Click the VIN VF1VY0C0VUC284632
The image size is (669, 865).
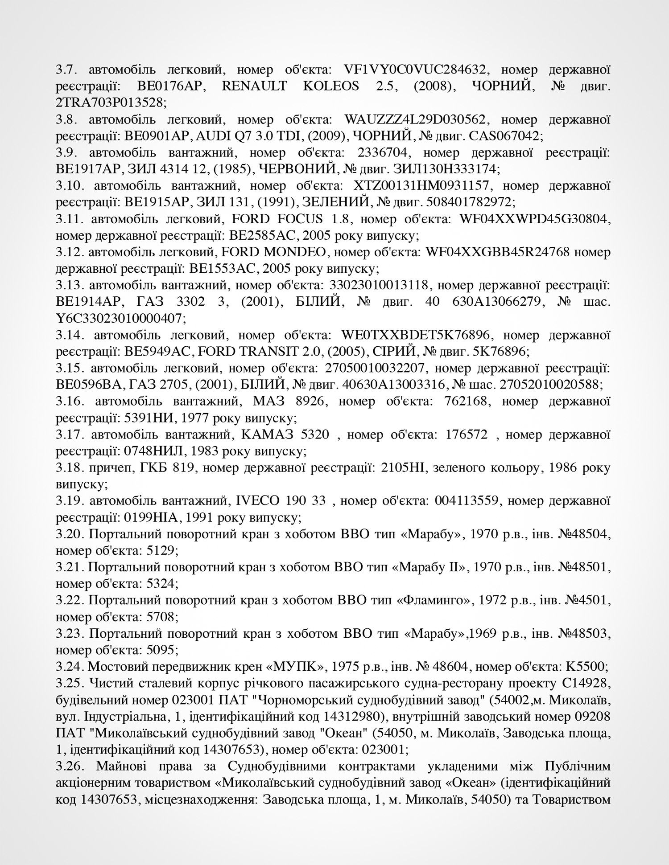421,70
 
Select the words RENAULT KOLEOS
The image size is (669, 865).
290,86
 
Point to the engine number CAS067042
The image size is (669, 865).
506,136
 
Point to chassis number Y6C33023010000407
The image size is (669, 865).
119,319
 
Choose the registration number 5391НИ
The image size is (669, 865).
149,418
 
